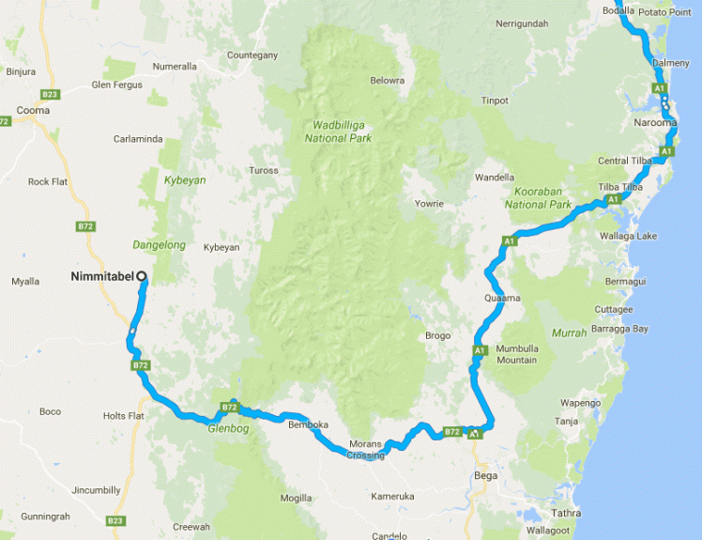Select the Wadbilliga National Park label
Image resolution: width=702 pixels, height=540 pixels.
pos(338,131)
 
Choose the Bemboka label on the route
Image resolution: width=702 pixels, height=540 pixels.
pos(309,424)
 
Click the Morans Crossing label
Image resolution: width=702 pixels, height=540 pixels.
pos(366,449)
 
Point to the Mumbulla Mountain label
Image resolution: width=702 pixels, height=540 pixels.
pos(517,353)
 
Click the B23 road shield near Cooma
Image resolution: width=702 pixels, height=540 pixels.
pos(51,94)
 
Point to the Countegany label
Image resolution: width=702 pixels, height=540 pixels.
pos(252,55)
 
